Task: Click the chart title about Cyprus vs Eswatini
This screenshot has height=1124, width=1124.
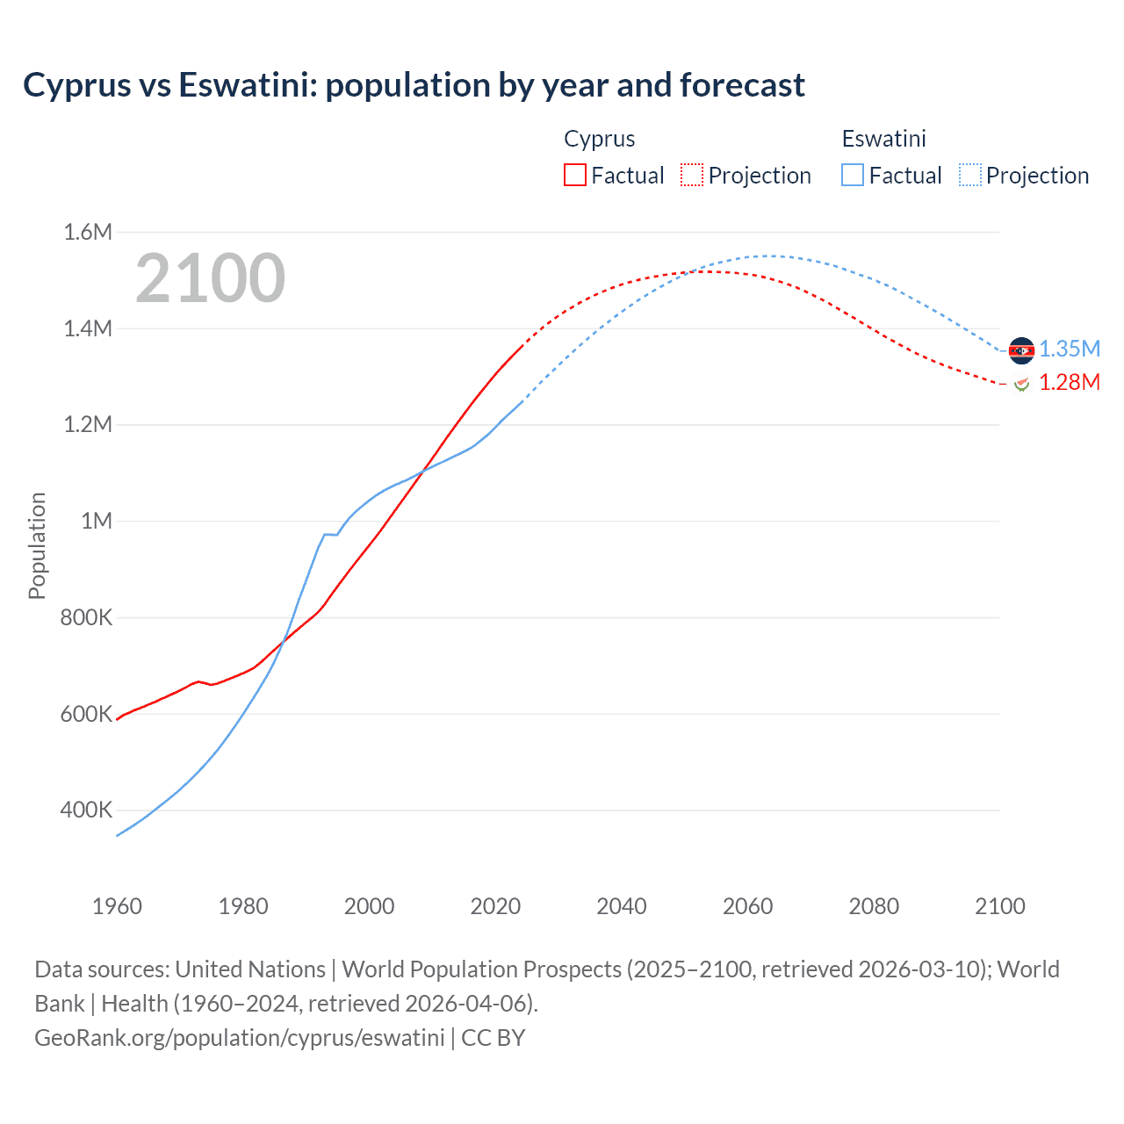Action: coord(414,85)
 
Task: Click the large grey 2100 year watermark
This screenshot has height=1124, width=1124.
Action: coord(210,278)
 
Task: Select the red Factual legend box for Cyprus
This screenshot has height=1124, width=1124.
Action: coord(575,175)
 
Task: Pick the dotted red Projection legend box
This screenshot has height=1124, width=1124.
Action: coord(692,175)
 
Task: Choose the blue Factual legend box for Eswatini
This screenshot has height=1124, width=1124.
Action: coord(853,175)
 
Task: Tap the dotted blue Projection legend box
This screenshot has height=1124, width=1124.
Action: coord(970,175)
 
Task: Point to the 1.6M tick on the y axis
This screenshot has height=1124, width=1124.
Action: coord(88,232)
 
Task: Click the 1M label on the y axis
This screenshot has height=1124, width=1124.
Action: coord(97,521)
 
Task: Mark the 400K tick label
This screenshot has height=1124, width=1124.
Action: coord(86,810)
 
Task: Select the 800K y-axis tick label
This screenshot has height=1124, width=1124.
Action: coord(86,617)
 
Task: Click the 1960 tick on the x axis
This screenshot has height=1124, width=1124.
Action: coord(117,906)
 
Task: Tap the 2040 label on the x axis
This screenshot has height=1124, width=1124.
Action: coord(622,906)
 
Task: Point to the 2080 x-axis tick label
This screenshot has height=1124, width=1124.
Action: coord(874,906)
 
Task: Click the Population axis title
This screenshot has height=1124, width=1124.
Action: coord(37,545)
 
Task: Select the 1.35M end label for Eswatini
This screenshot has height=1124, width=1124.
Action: coord(1070,349)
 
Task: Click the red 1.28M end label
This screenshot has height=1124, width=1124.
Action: coord(1070,382)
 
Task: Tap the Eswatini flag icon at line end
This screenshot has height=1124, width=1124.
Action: coord(1021,350)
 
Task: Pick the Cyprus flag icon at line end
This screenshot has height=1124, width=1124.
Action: coord(1021,383)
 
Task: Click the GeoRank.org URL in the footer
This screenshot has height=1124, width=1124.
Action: coord(239,1037)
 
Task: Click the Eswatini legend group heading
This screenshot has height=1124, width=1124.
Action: coord(883,139)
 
